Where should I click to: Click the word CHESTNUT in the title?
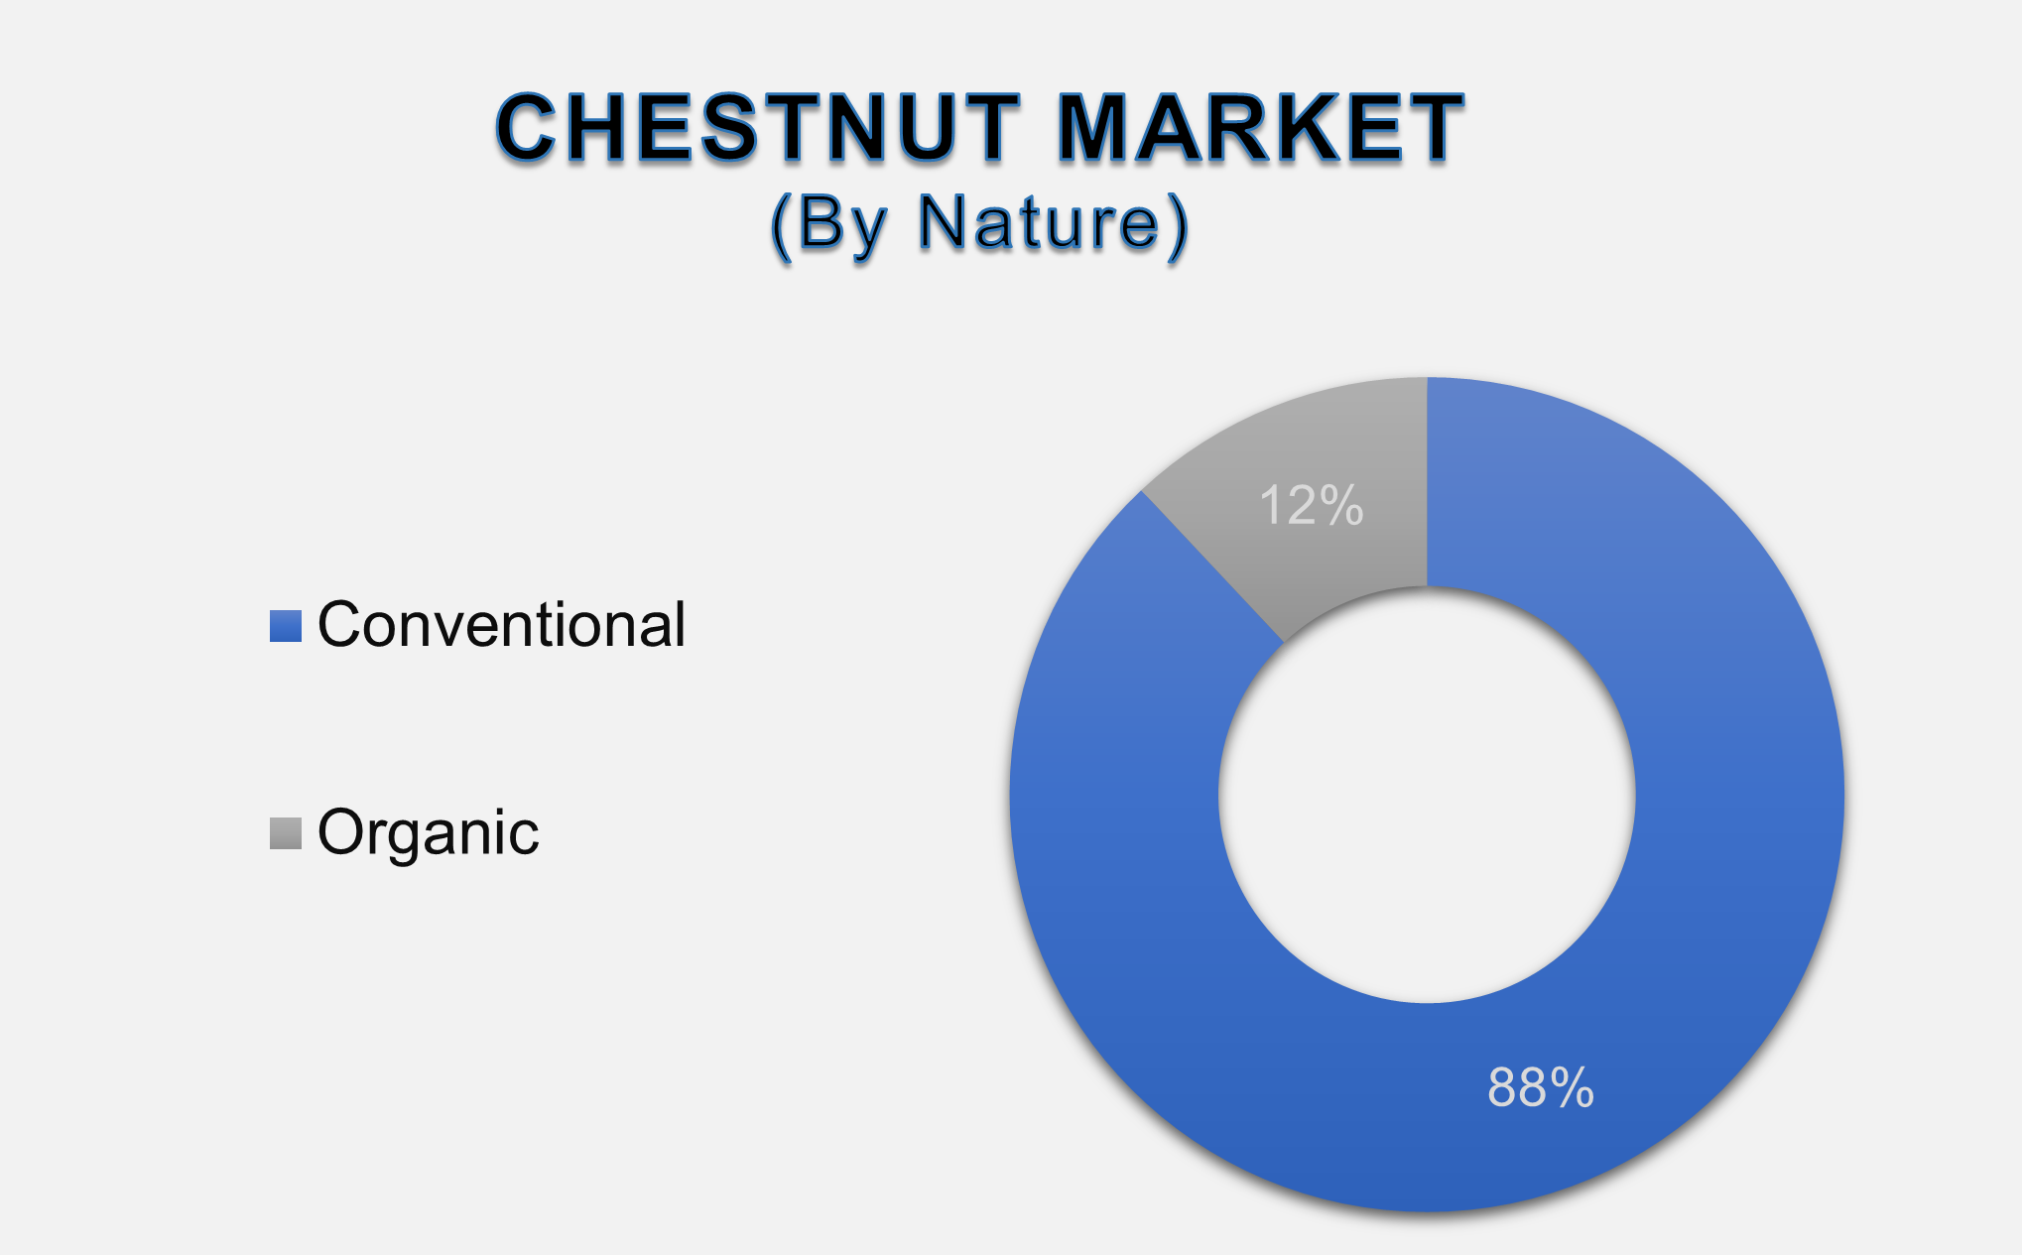click(x=757, y=128)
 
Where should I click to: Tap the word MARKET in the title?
click(x=1260, y=128)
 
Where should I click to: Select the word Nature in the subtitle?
click(x=1038, y=223)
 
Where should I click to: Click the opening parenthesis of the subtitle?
click(x=781, y=226)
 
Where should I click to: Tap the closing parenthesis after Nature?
click(x=1178, y=226)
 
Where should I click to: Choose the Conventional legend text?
click(x=501, y=625)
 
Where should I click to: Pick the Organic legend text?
click(x=428, y=832)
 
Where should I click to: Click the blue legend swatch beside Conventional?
click(x=286, y=626)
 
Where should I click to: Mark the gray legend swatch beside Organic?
click(x=286, y=833)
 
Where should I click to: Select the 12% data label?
click(x=1311, y=506)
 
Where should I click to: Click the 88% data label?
click(x=1540, y=1087)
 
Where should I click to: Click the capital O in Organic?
click(x=342, y=832)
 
